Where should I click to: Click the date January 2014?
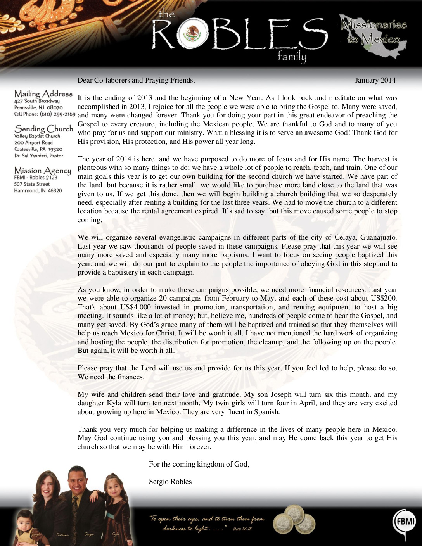(375, 80)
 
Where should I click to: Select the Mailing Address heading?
(43, 94)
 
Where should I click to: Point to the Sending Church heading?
(43, 129)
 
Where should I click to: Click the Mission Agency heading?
(43, 171)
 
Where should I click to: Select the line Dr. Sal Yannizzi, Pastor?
(38, 156)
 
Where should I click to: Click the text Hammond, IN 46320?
(38, 190)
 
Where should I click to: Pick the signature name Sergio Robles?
(170, 482)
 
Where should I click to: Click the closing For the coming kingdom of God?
(199, 464)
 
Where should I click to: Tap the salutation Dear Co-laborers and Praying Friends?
(136, 80)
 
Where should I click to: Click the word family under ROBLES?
(292, 57)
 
